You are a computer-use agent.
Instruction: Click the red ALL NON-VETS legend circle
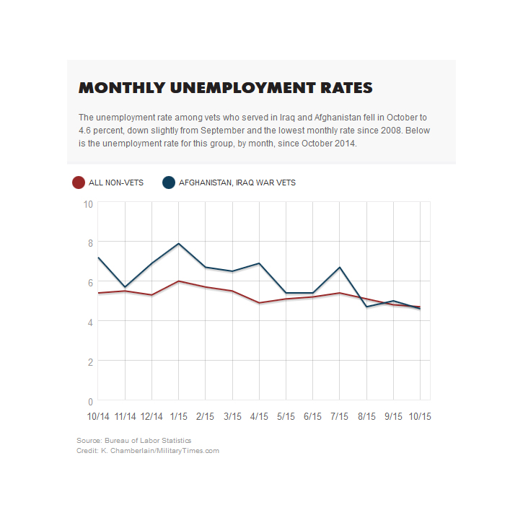[x=79, y=183]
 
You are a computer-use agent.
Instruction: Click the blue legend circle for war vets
[x=169, y=183]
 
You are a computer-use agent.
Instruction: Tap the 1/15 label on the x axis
[x=178, y=417]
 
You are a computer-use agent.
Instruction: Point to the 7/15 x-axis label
[x=339, y=417]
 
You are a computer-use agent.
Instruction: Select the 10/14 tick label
[x=98, y=417]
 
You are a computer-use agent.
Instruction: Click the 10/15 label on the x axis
[x=420, y=417]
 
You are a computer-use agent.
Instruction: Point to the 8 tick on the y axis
[x=90, y=243]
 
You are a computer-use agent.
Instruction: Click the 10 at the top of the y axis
[x=88, y=204]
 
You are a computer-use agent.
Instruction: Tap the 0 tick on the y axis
[x=90, y=402]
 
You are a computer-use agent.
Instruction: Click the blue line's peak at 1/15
[x=178, y=244]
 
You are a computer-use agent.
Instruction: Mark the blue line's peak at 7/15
[x=340, y=267]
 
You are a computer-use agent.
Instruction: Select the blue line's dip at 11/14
[x=125, y=287]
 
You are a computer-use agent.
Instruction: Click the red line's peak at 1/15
[x=178, y=281]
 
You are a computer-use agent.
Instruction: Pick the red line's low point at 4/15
[x=259, y=303]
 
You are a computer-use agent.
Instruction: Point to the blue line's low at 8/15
[x=366, y=307]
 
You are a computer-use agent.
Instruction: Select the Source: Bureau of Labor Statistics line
[x=133, y=440]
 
